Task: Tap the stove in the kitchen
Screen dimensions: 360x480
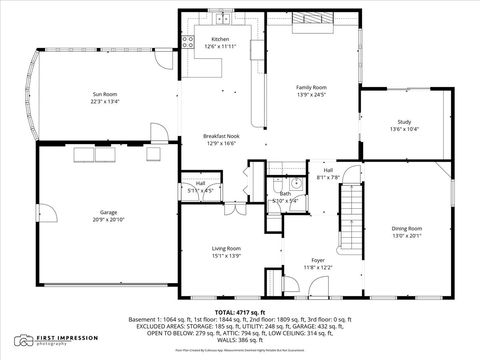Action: coord(187,42)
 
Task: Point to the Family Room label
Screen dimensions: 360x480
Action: coord(311,87)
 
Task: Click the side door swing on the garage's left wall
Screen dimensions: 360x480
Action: coord(42,214)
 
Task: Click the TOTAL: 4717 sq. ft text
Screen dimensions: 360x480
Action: coord(240,311)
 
